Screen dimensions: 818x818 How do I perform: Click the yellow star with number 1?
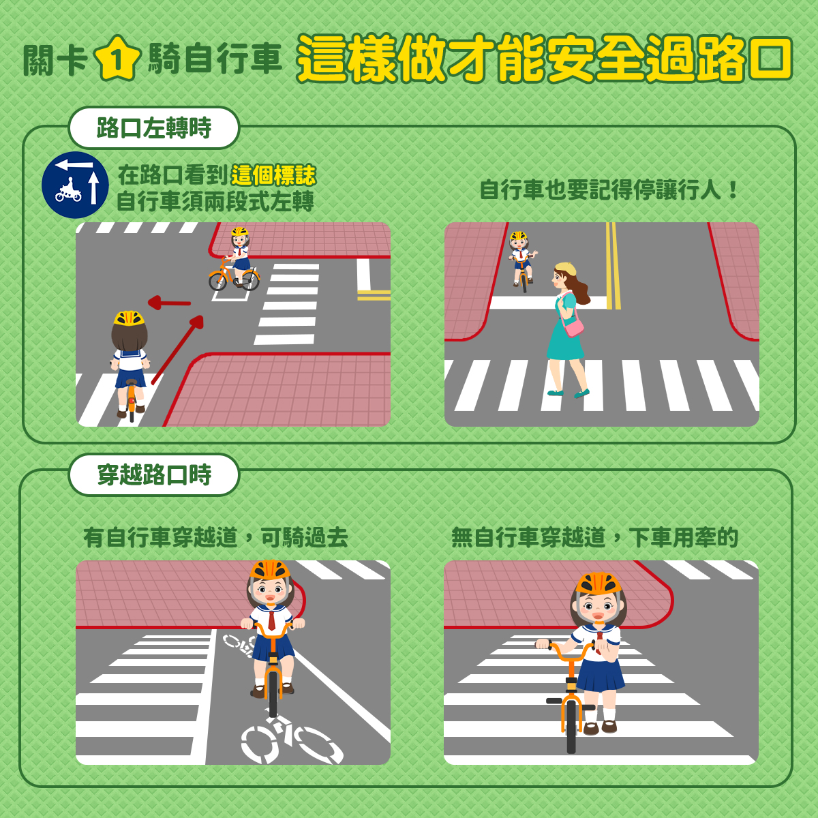click(117, 59)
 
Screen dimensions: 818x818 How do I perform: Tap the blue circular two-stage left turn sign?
click(75, 185)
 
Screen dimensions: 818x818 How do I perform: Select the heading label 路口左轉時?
click(154, 127)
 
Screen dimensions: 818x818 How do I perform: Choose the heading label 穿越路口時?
click(154, 474)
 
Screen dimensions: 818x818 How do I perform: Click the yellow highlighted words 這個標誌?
click(273, 175)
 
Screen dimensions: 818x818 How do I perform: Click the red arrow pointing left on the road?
click(169, 303)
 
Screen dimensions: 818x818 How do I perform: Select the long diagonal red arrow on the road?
click(177, 350)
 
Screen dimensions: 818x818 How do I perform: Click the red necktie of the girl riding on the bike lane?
click(271, 620)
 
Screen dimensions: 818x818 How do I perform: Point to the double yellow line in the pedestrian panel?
click(613, 266)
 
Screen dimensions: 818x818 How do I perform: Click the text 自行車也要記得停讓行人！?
click(609, 190)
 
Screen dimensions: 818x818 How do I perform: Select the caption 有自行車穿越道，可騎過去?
click(215, 537)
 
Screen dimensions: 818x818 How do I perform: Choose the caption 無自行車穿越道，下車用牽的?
click(594, 537)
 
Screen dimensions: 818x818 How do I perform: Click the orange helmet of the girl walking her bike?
click(599, 584)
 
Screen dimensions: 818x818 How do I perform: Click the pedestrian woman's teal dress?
click(565, 329)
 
